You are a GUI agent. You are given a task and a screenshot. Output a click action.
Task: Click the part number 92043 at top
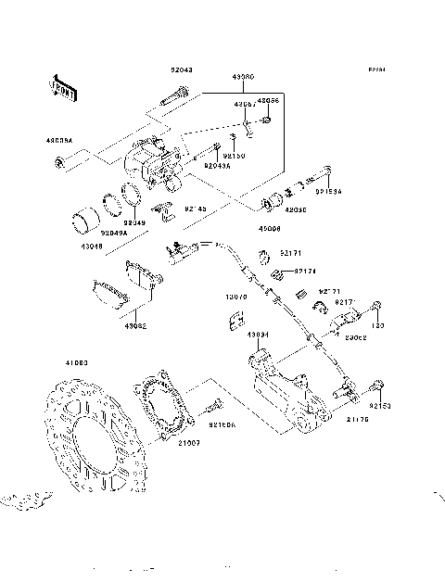tap(181, 70)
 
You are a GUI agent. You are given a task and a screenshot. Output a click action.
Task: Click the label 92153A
tap(329, 192)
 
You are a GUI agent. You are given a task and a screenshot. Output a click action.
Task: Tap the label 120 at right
tap(376, 326)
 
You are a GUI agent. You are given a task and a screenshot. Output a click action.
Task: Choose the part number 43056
tap(268, 99)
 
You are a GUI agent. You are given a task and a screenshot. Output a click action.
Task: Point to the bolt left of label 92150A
tap(211, 406)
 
